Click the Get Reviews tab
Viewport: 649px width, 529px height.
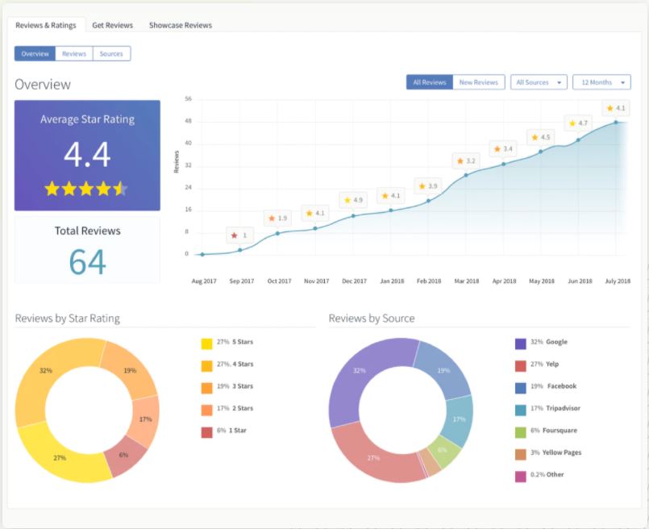coord(112,25)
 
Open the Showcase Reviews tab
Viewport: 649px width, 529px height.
coord(180,25)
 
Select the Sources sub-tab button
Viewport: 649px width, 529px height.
coord(111,54)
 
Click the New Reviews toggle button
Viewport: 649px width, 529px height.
coord(478,82)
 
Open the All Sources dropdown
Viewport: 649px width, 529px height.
coord(538,82)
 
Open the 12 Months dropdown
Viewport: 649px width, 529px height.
coord(601,82)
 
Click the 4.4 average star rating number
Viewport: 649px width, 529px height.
coord(87,154)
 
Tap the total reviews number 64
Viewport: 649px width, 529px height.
coord(87,262)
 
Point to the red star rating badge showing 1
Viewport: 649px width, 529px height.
coord(239,235)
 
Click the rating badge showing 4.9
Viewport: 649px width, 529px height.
coord(353,199)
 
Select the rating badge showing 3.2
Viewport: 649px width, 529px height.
coord(466,160)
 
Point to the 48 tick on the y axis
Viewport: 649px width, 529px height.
coord(188,121)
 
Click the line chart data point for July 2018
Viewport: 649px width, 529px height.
coord(616,123)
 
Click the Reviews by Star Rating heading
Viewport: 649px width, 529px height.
coord(67,319)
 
